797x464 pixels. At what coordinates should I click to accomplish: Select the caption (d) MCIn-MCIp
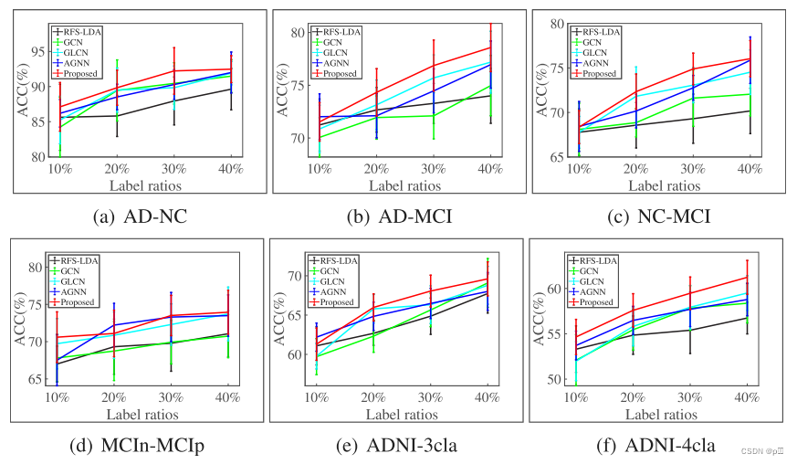point(138,445)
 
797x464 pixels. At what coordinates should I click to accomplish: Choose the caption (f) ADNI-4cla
point(657,445)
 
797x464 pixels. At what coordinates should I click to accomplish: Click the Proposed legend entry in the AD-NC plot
point(85,72)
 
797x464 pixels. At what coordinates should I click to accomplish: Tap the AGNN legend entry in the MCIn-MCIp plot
point(83,291)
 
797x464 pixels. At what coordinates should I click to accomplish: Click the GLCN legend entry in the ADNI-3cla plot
point(342,281)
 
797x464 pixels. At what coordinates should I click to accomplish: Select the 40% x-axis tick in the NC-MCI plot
point(750,169)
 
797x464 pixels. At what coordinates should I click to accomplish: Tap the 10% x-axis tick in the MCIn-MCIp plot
point(58,397)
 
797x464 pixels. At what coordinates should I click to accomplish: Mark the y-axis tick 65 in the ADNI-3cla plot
point(294,315)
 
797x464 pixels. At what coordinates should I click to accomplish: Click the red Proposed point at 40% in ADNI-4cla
point(747,277)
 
